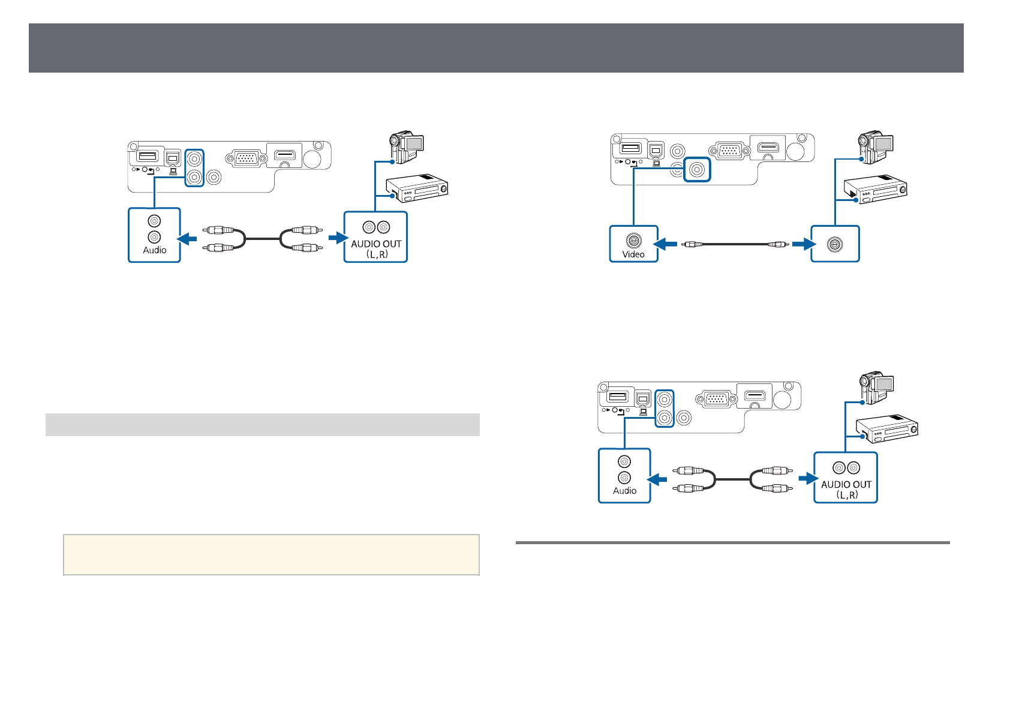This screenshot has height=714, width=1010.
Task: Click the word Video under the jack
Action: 633,254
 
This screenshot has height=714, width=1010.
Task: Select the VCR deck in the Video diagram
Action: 876,190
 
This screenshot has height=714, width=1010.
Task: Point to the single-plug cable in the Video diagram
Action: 735,244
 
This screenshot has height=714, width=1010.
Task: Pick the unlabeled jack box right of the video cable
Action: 835,244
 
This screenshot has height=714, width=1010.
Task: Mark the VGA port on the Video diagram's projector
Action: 729,151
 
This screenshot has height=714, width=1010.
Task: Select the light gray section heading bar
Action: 263,425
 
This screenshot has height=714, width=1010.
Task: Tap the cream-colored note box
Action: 271,555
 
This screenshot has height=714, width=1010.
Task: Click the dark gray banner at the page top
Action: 496,48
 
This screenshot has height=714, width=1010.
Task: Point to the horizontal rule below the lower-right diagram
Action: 732,543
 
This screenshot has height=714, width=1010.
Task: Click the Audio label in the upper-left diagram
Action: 155,250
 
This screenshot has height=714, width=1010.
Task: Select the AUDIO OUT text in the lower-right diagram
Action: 846,484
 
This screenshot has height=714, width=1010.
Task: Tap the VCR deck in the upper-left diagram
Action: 417,189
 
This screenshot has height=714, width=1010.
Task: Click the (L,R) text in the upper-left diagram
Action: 376,254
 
